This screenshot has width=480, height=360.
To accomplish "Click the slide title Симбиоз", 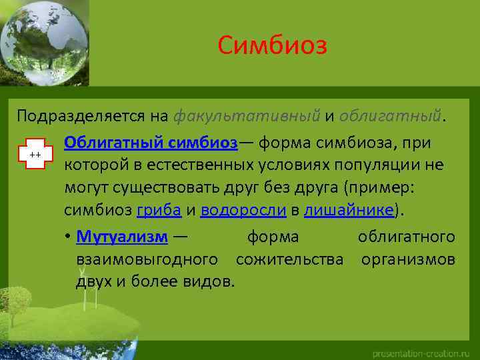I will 272,46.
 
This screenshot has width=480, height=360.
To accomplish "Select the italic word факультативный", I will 247,116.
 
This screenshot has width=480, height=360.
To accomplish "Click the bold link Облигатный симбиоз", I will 151,143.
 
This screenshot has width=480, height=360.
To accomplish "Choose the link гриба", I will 158,211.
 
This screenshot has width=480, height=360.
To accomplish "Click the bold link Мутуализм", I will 122,237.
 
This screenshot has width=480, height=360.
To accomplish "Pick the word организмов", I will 408,258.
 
